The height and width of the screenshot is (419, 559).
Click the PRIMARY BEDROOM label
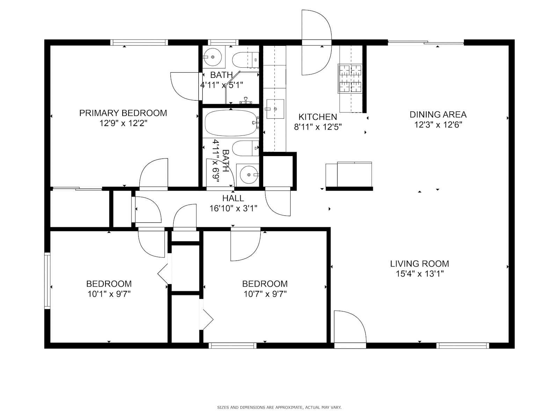[x=123, y=113]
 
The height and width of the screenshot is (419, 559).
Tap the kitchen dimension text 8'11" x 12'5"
[x=318, y=127]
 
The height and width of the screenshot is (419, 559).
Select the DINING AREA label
[x=438, y=115]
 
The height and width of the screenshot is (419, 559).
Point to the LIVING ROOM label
[x=420, y=264]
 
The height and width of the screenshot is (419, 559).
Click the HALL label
[x=233, y=198]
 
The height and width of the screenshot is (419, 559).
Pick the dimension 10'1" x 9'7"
[x=109, y=294]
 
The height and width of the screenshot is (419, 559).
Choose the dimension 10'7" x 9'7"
[x=265, y=294]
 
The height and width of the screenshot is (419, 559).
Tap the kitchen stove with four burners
[x=350, y=78]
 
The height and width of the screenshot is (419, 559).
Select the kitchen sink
[x=275, y=109]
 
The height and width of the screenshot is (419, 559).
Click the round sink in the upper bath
[x=213, y=57]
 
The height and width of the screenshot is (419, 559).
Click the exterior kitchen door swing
[x=317, y=43]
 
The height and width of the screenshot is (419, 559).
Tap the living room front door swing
[x=350, y=327]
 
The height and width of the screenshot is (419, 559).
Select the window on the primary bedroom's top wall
[x=139, y=43]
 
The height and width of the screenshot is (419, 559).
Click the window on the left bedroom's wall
[x=48, y=281]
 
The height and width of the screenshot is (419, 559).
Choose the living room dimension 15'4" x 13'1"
[x=420, y=274]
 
